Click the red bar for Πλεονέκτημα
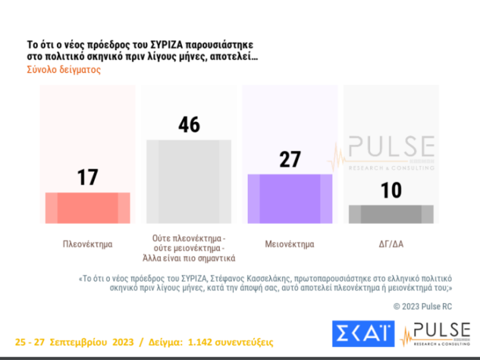(x=87, y=208)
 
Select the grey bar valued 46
(x=188, y=181)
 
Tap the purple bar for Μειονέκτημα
(x=288, y=199)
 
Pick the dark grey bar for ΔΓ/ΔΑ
(x=391, y=214)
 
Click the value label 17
(x=87, y=177)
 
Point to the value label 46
(x=188, y=124)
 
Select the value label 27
(x=288, y=160)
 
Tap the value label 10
(x=391, y=191)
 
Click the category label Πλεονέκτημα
(x=87, y=244)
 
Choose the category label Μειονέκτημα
(x=289, y=244)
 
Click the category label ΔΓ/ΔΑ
(x=390, y=244)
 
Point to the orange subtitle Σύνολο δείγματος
(x=63, y=70)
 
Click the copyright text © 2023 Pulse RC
(x=422, y=306)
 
